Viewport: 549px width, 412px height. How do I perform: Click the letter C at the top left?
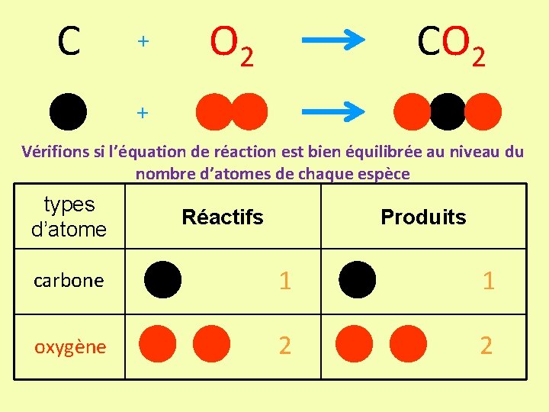click(x=69, y=42)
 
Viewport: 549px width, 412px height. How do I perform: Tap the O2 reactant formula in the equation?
click(x=231, y=45)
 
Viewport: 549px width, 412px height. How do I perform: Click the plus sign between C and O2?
click(x=142, y=42)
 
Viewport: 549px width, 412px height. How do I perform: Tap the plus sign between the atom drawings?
click(x=142, y=112)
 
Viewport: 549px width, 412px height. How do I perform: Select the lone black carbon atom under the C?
click(x=68, y=111)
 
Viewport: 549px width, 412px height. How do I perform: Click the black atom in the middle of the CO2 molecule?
click(x=448, y=111)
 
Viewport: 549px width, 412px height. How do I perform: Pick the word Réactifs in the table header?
click(x=222, y=217)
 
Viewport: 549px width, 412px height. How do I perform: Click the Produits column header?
click(x=423, y=217)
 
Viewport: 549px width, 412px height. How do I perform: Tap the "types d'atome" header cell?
click(x=69, y=217)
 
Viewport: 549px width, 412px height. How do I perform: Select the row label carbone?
click(x=69, y=281)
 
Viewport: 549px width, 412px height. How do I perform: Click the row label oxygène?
click(x=70, y=347)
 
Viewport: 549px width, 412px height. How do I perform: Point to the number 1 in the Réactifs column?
click(x=284, y=281)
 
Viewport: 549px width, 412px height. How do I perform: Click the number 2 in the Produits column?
click(x=486, y=346)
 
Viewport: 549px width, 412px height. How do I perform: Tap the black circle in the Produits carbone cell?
click(x=358, y=280)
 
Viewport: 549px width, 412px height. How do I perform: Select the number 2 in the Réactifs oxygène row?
click(x=284, y=346)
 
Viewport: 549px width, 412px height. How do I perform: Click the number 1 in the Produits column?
click(x=488, y=281)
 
